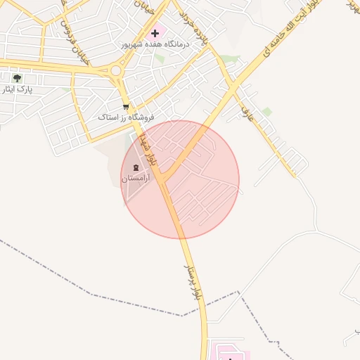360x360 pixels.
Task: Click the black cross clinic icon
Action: coord(155,33)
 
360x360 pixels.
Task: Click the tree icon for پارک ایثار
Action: coord(17,78)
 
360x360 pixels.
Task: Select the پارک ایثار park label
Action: coord(17,89)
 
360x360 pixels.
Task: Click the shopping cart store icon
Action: coord(126,107)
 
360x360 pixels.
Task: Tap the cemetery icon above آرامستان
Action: coord(135,167)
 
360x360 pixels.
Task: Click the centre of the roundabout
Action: coord(115,70)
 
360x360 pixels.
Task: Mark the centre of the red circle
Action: coord(181,179)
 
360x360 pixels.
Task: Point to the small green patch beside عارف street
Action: coord(267,111)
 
